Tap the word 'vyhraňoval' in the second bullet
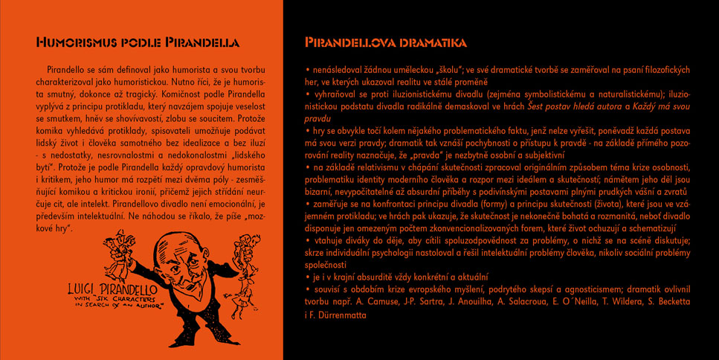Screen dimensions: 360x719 pyautogui.click(x=335, y=94)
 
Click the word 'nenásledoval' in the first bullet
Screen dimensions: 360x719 pyautogui.click(x=338, y=70)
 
